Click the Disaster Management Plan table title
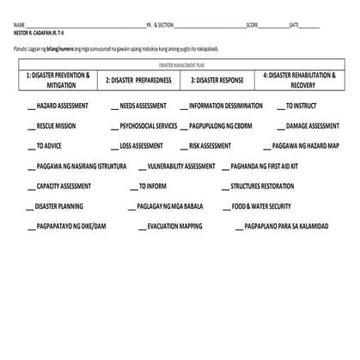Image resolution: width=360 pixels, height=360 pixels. (x=180, y=65)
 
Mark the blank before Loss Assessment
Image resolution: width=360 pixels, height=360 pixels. (x=113, y=146)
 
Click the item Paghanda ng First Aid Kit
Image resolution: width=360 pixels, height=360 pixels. (x=272, y=166)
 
